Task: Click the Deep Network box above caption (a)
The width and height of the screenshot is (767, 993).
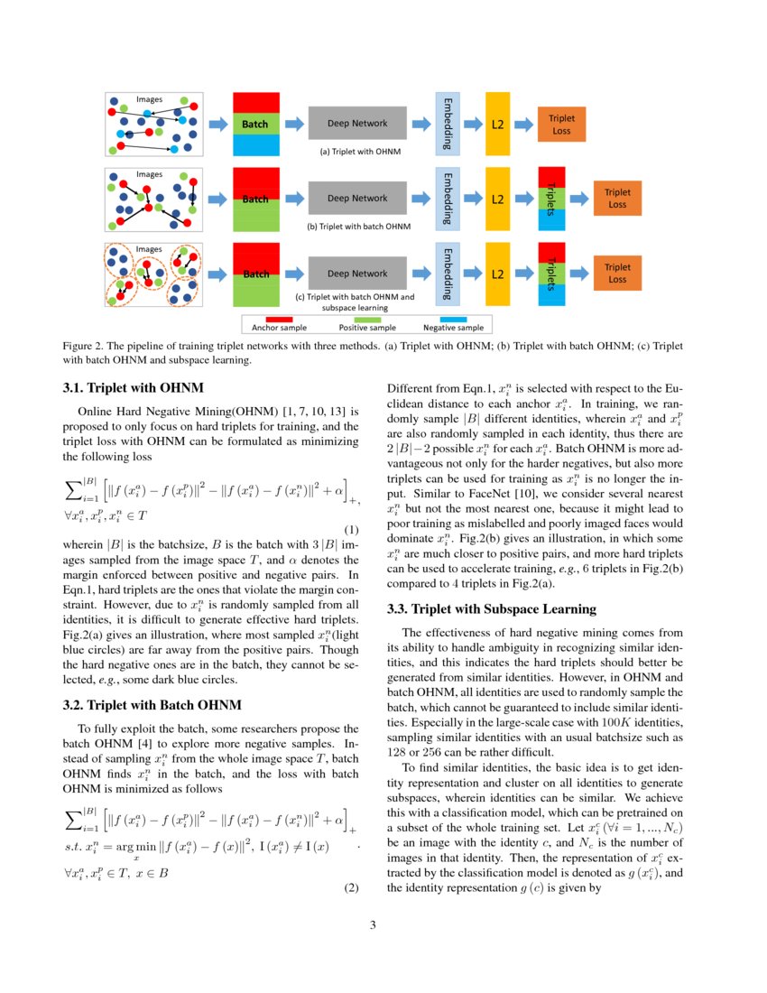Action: pyautogui.click(x=356, y=123)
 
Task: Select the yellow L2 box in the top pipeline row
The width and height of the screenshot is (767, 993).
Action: pyautogui.click(x=497, y=123)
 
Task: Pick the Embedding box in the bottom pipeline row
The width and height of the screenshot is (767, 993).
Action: pyautogui.click(x=448, y=274)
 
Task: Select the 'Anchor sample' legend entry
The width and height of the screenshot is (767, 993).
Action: pyautogui.click(x=279, y=328)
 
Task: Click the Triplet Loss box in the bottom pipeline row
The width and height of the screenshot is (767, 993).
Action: pyautogui.click(x=617, y=274)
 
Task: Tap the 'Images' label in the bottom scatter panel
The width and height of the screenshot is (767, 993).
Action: pyautogui.click(x=150, y=248)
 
